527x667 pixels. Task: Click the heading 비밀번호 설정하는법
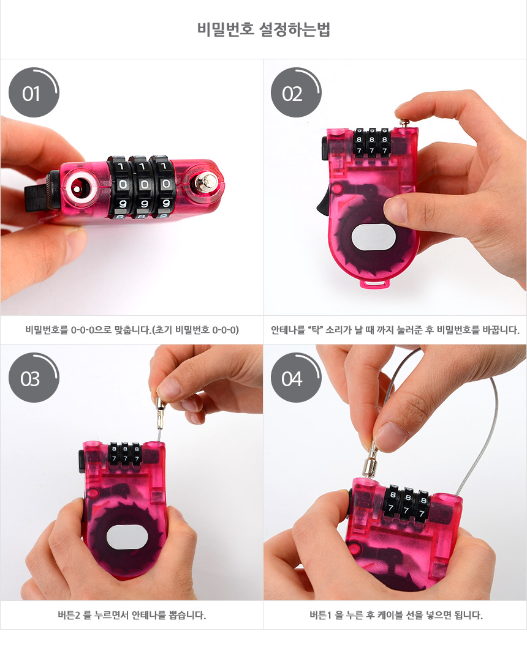pos(263,29)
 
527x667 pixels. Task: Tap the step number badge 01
pos(34,92)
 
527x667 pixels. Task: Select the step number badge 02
pos(295,92)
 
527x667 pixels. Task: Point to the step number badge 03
pos(34,378)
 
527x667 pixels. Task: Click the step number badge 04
pos(295,378)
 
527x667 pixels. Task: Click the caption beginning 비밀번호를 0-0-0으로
pos(132,330)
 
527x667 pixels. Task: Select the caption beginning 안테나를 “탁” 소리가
pos(395,330)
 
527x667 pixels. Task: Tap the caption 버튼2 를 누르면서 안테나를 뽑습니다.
pos(132,615)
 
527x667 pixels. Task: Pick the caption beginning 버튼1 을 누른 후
pos(396,615)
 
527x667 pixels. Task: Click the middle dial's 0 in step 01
pos(144,184)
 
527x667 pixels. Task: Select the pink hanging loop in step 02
pos(375,283)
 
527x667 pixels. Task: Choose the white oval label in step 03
pos(127,537)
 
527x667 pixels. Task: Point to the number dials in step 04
pos(407,503)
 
